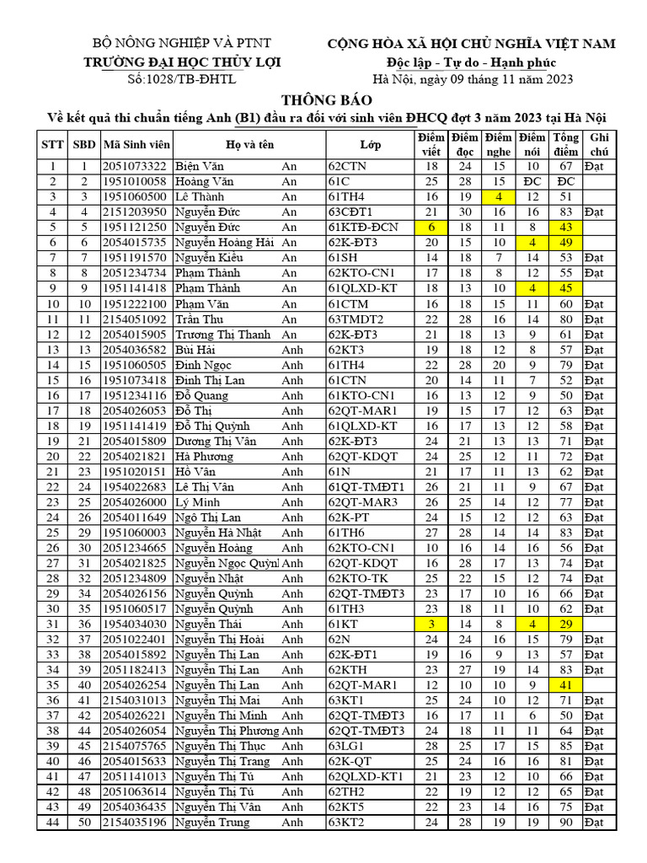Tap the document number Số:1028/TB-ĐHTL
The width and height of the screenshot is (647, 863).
click(x=182, y=79)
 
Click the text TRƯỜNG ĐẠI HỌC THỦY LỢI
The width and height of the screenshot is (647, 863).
click(x=182, y=62)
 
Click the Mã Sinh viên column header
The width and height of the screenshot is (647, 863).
click(x=136, y=144)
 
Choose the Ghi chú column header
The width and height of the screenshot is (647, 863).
click(x=600, y=144)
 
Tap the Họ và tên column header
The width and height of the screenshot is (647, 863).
click(x=249, y=144)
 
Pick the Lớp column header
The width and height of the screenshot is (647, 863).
click(x=370, y=144)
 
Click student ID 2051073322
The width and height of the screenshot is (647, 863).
click(x=136, y=167)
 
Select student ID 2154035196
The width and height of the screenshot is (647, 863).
click(x=136, y=822)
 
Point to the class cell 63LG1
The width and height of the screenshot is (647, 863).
click(x=345, y=746)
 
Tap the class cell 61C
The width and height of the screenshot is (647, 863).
click(x=339, y=182)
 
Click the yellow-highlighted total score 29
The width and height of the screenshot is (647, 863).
click(x=565, y=624)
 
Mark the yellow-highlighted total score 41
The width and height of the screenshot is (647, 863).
click(x=565, y=685)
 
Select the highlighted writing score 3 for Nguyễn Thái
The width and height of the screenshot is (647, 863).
click(x=431, y=624)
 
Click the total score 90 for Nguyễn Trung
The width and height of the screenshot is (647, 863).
click(x=565, y=822)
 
